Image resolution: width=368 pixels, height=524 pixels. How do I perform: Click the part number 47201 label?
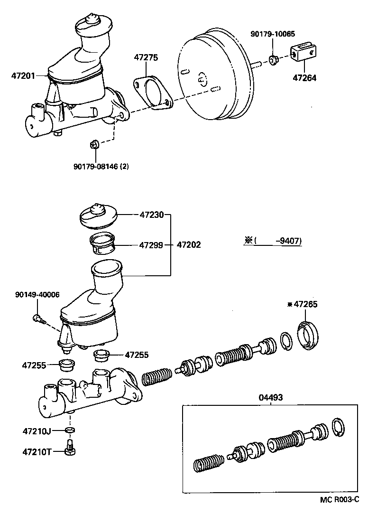point(23,75)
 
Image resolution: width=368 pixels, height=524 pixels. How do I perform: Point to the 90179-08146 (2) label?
point(101,166)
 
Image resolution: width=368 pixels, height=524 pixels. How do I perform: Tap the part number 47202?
point(189,245)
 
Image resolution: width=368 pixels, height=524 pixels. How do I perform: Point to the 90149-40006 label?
point(37,294)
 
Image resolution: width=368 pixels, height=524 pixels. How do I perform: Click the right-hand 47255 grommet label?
point(137,354)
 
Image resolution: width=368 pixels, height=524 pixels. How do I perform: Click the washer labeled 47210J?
point(70,430)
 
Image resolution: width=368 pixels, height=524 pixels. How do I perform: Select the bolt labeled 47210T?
point(69,448)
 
